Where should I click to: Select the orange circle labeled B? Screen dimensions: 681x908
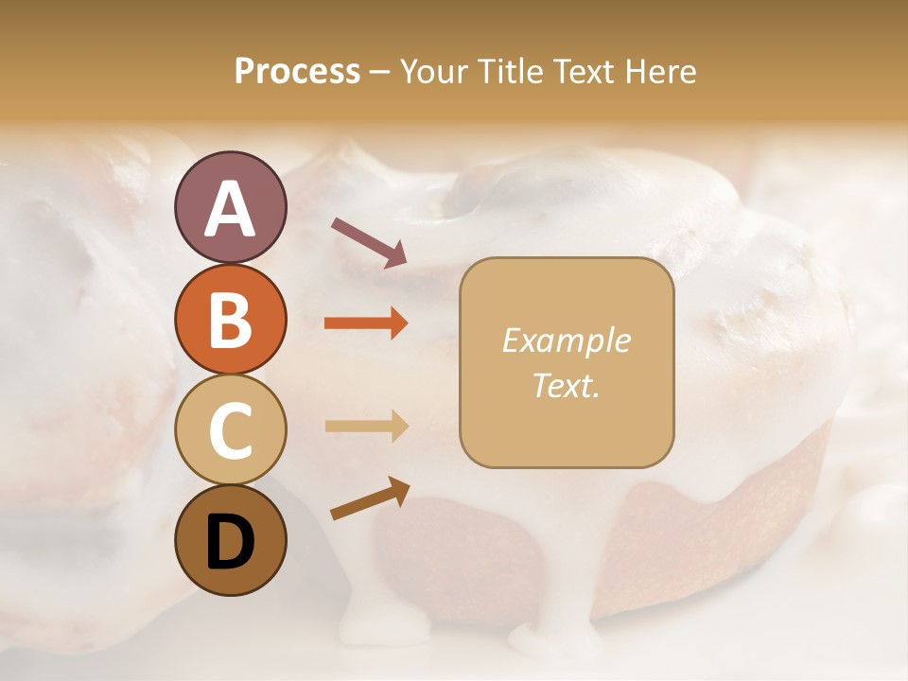[x=230, y=320]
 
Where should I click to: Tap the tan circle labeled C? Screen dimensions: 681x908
[x=230, y=430]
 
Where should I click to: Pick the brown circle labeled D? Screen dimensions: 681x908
[x=230, y=540]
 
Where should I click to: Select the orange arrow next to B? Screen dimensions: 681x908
[x=366, y=323]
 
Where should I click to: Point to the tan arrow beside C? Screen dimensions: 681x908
[x=366, y=427]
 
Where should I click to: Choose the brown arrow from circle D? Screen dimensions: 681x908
[x=370, y=498]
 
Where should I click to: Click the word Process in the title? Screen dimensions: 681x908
[x=297, y=71]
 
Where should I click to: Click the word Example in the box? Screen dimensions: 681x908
[x=566, y=340]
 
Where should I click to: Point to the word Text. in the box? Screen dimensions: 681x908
[x=566, y=385]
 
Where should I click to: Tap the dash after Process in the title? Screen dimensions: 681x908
[x=380, y=73]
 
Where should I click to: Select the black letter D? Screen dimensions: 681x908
[x=230, y=542]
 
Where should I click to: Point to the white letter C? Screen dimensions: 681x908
[x=230, y=431]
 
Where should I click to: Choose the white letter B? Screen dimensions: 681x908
[x=230, y=321]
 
